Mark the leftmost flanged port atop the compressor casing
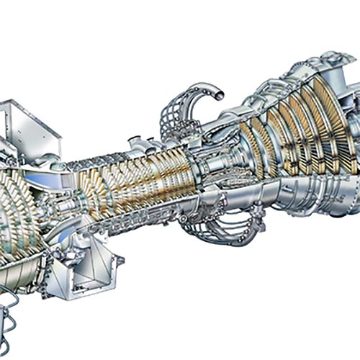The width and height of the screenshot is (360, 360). point(135,141)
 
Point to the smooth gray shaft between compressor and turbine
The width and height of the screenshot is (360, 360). point(209,173)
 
